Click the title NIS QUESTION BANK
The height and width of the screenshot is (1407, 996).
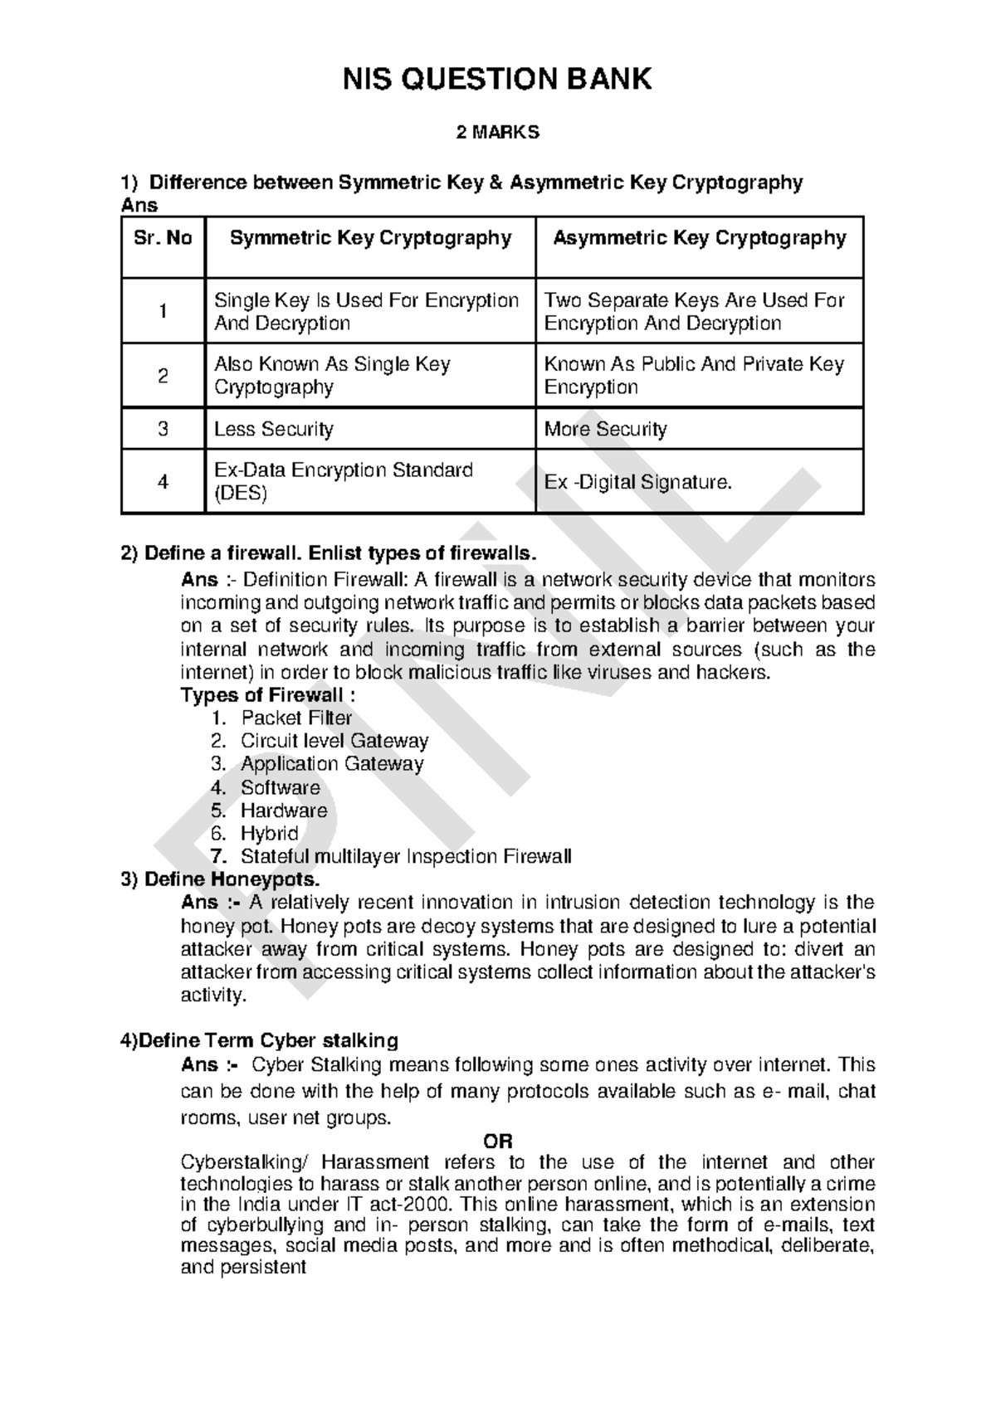[498, 80]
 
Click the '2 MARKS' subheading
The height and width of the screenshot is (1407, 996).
[498, 132]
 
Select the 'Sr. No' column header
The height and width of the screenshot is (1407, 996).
[163, 239]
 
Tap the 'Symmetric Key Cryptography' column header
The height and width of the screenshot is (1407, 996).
[370, 239]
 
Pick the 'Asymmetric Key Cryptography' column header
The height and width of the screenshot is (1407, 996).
[699, 239]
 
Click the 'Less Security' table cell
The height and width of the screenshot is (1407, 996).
[274, 429]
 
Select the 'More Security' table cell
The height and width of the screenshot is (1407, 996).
[605, 429]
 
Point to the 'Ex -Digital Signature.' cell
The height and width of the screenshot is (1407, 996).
[638, 482]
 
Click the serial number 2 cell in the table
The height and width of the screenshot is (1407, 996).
[163, 376]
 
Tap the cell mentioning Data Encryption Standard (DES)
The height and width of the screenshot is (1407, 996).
[344, 482]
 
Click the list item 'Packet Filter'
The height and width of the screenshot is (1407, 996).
[296, 718]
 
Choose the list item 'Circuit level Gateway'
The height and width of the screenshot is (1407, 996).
[334, 741]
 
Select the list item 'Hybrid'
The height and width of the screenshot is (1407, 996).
[269, 833]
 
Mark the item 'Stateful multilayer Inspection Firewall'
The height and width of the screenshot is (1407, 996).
[406, 856]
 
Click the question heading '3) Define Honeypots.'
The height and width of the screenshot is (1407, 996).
[220, 879]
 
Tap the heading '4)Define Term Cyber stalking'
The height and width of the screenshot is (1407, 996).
[260, 1040]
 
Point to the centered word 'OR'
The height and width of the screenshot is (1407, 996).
[498, 1141]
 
